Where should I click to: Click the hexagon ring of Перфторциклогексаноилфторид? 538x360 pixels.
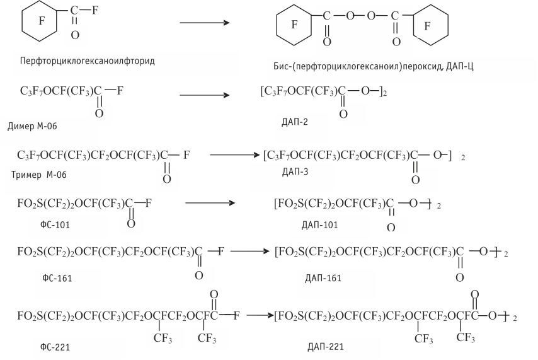42,21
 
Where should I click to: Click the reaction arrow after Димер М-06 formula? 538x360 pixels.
203,96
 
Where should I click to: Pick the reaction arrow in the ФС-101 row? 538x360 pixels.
209,203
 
